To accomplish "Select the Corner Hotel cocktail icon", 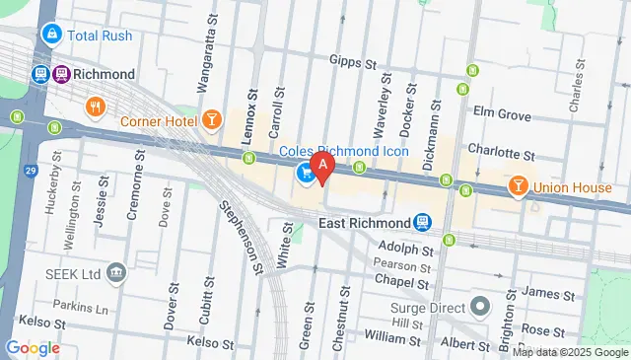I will click(211, 120).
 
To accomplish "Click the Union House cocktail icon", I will click(517, 186).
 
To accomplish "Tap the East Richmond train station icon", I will click(423, 223).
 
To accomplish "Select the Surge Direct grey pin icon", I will click(479, 306).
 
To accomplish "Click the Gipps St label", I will click(354, 62).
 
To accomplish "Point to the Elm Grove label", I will click(502, 113).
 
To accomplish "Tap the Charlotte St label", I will click(501, 155).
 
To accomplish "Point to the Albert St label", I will click(465, 342).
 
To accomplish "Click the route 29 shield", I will click(31, 171).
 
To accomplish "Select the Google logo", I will click(33, 347).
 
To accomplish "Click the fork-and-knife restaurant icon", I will click(95, 106).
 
